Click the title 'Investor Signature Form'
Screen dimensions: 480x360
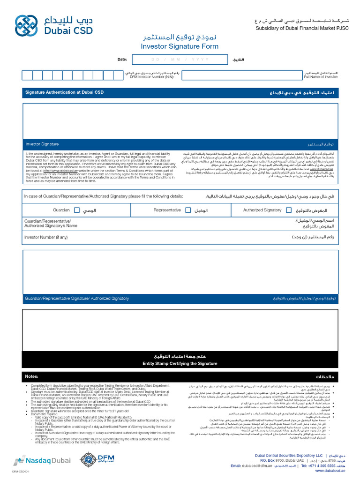tap(180, 46)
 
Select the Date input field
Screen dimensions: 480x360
tap(180, 60)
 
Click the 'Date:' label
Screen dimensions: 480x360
tap(122, 60)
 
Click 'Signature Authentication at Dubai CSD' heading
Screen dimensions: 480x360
tap(64, 92)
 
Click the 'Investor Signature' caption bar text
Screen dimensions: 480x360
tap(42, 144)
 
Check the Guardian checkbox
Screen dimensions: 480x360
tap(77, 210)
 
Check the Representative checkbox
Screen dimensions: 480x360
tap(188, 210)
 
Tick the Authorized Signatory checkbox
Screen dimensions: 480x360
tap(289, 210)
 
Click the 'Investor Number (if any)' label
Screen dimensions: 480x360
tap(46, 237)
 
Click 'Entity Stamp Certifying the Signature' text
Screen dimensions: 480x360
tap(180, 363)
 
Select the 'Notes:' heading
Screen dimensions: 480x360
tap(31, 376)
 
